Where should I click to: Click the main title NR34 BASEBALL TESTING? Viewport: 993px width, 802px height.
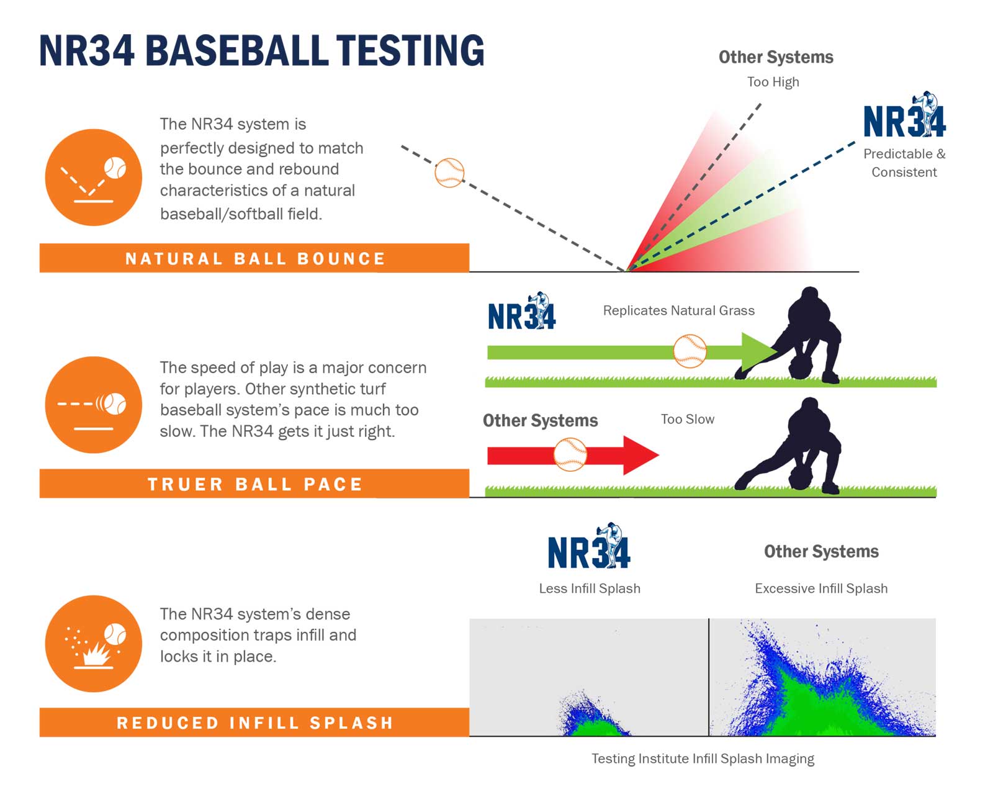coord(261,51)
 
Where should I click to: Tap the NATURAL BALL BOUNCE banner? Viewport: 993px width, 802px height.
coord(254,258)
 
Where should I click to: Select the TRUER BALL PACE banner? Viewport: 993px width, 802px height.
coord(254,484)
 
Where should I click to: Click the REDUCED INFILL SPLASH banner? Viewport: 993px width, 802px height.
coord(254,723)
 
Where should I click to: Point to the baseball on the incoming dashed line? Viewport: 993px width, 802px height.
coord(449,173)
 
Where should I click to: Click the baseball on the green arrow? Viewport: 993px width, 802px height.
coord(690,351)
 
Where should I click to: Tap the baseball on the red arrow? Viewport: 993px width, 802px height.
coord(570,454)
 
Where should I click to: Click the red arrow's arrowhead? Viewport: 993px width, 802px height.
coord(639,455)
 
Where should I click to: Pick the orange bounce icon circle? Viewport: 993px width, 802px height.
coord(94,178)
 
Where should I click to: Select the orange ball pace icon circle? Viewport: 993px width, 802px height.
coord(94,405)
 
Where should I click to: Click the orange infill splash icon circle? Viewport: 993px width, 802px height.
coord(94,644)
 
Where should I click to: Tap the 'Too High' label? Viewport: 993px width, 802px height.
coord(773,82)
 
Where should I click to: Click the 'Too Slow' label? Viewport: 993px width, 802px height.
coord(687,420)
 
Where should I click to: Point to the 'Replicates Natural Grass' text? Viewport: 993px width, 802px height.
coord(678,310)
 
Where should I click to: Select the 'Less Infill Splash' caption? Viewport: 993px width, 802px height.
coord(589,588)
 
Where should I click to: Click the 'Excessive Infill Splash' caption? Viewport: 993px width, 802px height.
coord(820,588)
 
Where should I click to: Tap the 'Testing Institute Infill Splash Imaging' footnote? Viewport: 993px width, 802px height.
coord(703,759)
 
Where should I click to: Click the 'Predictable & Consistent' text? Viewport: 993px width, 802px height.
coord(904,163)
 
